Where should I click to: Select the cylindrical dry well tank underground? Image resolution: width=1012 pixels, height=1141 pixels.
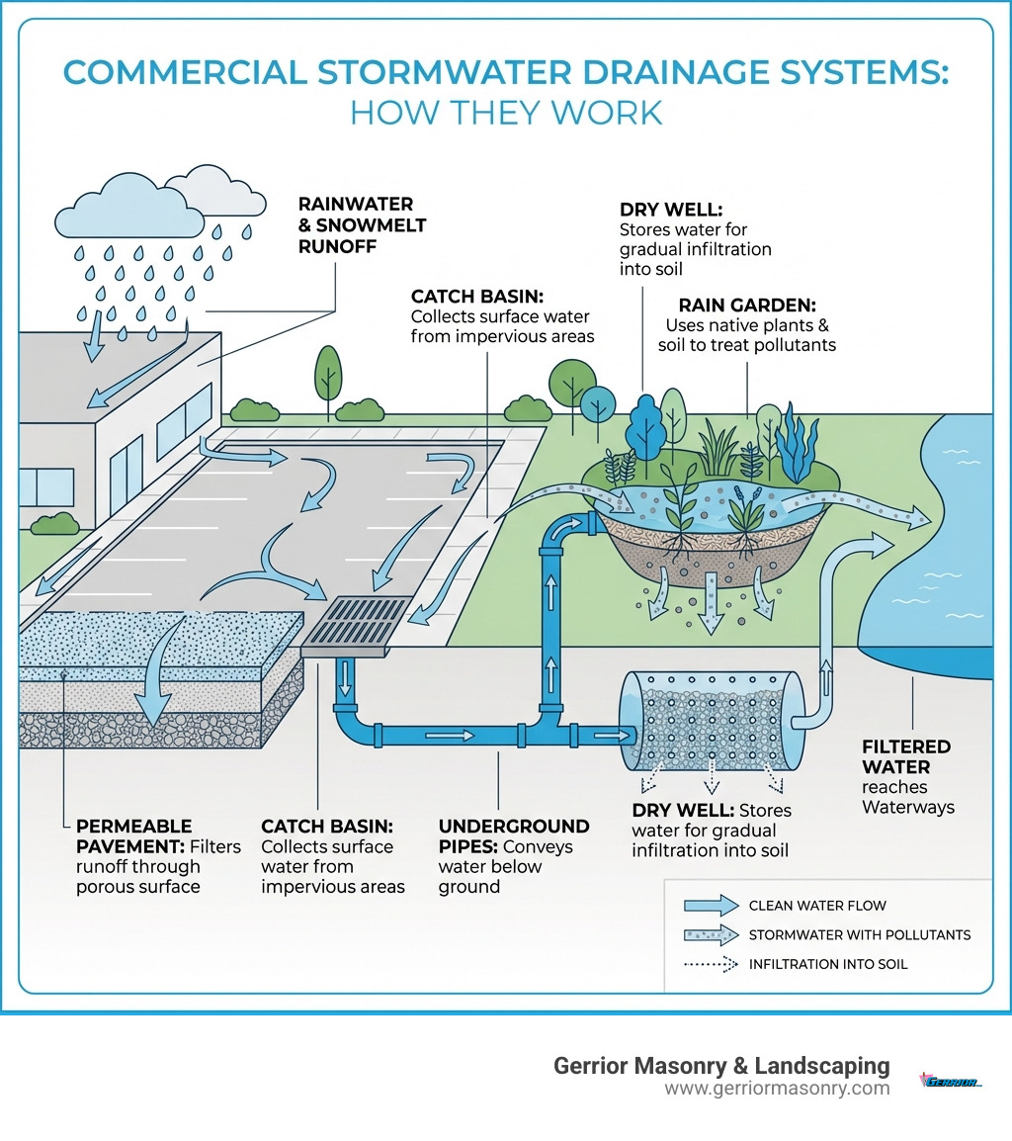pos(701,721)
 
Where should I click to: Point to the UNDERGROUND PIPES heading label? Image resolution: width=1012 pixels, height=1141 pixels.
pos(514,826)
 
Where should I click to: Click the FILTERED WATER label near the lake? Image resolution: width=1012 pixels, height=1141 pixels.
pos(905,756)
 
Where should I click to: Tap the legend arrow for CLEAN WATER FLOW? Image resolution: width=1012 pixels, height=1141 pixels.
pos(710,905)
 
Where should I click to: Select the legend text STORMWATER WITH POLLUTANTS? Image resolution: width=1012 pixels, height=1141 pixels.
pos(860,934)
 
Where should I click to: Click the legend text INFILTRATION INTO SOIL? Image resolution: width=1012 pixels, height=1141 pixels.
pos(827,964)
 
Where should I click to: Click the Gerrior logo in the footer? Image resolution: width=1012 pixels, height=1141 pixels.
pos(950,1081)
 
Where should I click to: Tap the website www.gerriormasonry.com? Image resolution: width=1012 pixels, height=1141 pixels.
pos(777,1089)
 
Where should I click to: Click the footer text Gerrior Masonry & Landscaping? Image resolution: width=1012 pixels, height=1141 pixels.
pos(721,1066)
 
